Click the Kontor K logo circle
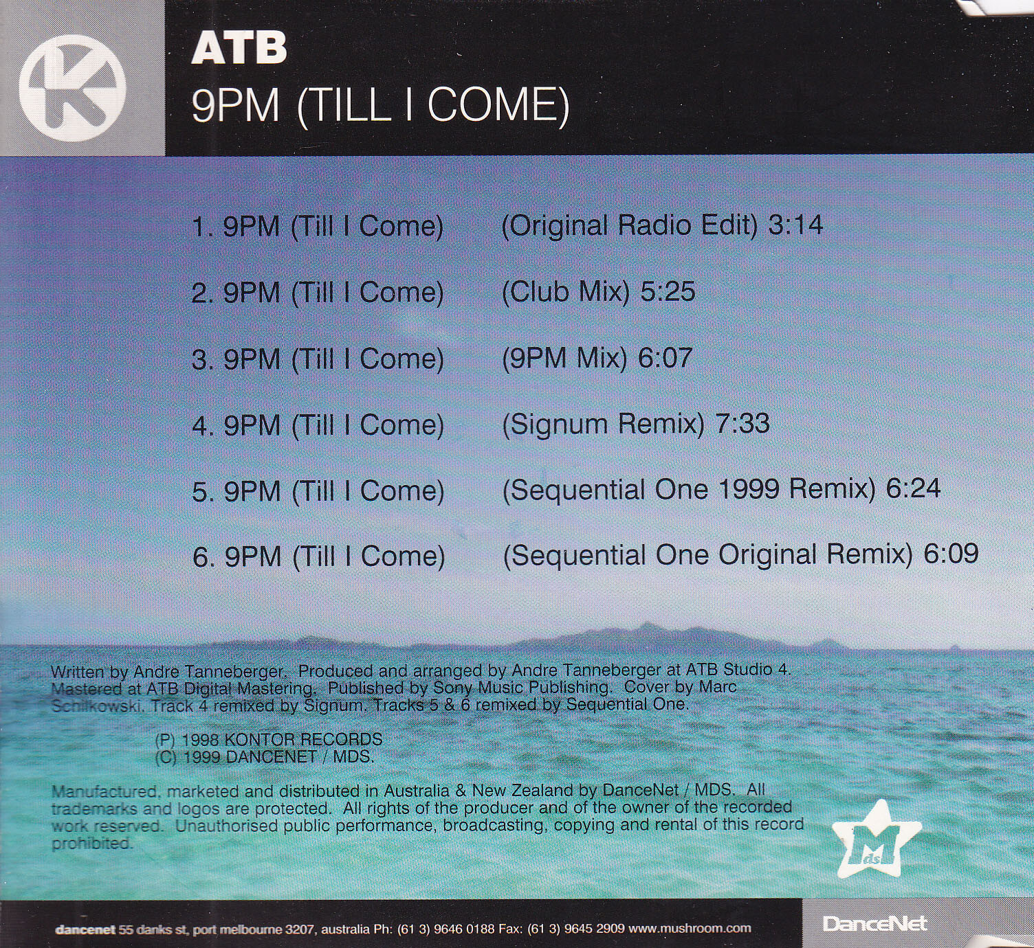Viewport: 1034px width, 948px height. click(72, 88)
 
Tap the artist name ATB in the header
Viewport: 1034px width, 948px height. click(239, 48)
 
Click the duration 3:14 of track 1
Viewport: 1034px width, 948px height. click(795, 225)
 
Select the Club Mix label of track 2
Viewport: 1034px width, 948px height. click(565, 291)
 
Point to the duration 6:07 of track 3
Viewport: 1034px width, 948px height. click(665, 357)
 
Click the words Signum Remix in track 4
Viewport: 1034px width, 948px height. click(603, 424)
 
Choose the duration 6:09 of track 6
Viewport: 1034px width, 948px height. click(951, 554)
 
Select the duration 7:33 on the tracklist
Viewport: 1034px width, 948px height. click(742, 423)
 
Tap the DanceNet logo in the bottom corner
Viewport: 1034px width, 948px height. click(874, 923)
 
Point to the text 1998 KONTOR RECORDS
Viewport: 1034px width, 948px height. click(282, 739)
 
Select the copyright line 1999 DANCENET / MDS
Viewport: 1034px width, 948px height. click(278, 756)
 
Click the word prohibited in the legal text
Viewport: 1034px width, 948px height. click(92, 844)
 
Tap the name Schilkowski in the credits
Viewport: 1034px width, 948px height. click(96, 706)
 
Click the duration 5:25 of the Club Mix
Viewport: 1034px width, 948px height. click(668, 291)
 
